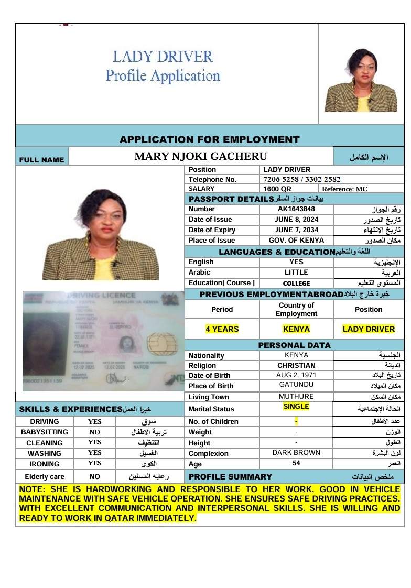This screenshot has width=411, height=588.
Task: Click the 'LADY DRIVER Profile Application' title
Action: click(163, 66)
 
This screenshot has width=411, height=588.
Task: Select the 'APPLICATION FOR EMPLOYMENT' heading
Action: click(209, 139)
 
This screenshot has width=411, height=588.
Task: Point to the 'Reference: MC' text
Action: click(344, 189)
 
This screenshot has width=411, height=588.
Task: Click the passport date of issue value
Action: click(296, 220)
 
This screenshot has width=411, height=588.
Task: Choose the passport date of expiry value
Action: click(296, 230)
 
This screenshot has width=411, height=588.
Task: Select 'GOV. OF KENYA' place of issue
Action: click(296, 241)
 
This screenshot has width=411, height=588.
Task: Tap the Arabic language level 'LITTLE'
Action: click(296, 273)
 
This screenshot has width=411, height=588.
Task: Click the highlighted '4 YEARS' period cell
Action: click(222, 329)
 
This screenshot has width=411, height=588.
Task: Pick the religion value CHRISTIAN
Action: click(296, 365)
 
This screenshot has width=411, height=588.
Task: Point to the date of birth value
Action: click(296, 375)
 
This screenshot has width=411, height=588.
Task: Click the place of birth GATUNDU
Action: click(296, 385)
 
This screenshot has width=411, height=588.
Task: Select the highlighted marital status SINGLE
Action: click(296, 407)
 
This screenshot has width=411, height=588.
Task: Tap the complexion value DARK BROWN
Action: click(296, 453)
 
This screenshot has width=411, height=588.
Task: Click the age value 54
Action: click(296, 463)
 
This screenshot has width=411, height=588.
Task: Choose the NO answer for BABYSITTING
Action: click(95, 432)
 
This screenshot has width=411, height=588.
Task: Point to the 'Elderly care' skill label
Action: click(45, 477)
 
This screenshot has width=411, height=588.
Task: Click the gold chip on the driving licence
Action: click(160, 344)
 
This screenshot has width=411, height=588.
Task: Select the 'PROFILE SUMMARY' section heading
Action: click(230, 477)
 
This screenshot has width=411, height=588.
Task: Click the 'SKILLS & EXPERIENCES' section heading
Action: click(70, 409)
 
